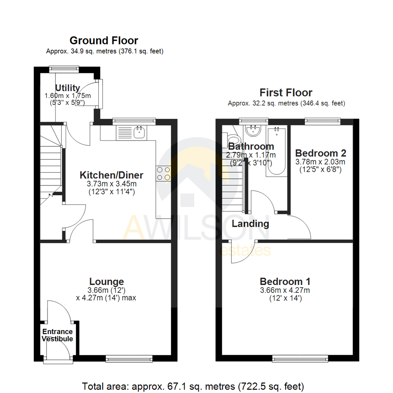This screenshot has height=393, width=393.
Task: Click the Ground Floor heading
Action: pyautogui.click(x=104, y=40)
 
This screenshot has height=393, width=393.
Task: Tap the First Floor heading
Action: pyautogui.click(x=286, y=92)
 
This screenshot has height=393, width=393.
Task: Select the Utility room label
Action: pyautogui.click(x=67, y=88)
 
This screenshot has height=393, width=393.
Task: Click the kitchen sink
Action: pyautogui.click(x=139, y=132)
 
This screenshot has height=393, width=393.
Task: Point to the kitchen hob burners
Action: pyautogui.click(x=164, y=173)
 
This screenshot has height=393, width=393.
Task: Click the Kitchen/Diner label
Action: pyautogui.click(x=111, y=175)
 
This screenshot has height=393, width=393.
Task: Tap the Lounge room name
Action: pyautogui.click(x=107, y=281)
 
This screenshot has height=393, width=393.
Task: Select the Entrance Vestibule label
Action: pyautogui.click(x=57, y=335)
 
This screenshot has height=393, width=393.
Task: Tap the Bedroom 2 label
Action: pyautogui.click(x=321, y=153)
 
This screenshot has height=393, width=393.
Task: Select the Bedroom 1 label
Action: pyautogui.click(x=285, y=281)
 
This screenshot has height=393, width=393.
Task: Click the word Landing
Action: pyautogui.click(x=250, y=223)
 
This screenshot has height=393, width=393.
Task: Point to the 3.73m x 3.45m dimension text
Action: pyautogui.click(x=111, y=184)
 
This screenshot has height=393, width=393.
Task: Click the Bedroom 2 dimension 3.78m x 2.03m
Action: pyautogui.click(x=321, y=162)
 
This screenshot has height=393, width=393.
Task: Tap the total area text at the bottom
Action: pyautogui.click(x=193, y=386)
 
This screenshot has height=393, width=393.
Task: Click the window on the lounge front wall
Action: pyautogui.click(x=129, y=359)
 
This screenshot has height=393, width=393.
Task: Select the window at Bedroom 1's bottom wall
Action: pyautogui.click(x=300, y=359)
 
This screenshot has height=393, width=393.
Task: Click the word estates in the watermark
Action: pyautogui.click(x=245, y=251)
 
